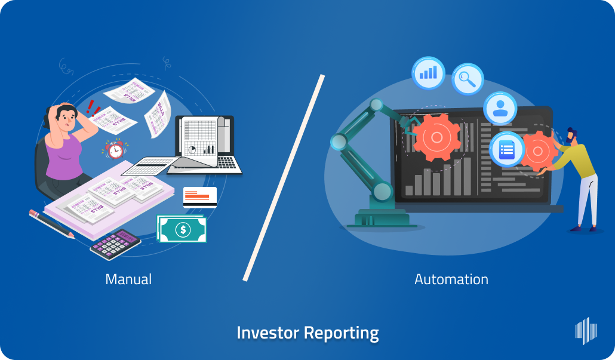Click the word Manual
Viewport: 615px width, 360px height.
(128, 279)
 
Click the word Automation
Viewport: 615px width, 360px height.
(451, 279)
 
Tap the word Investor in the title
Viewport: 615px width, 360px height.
(267, 333)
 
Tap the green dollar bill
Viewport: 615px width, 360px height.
(182, 229)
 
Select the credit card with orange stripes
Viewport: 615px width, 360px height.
(199, 197)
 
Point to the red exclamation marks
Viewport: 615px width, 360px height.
(93, 107)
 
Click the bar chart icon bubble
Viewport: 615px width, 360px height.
(428, 73)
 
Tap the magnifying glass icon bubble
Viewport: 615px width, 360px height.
(468, 79)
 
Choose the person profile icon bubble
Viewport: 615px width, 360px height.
(500, 108)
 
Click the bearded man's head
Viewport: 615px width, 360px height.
(571, 136)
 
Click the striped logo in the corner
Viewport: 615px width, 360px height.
(585, 330)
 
